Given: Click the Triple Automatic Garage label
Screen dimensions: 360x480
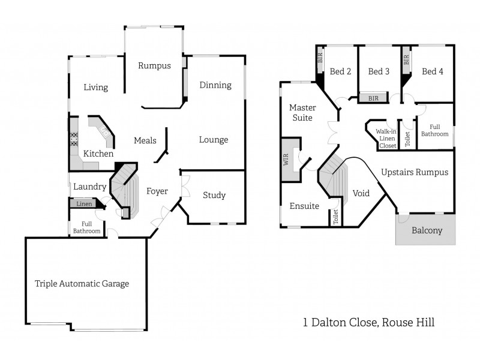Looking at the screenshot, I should point(82,284).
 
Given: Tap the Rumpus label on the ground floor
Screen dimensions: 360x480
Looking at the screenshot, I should point(154,65).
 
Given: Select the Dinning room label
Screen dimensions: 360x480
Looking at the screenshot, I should point(215,85).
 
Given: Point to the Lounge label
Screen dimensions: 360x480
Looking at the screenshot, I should point(214,140).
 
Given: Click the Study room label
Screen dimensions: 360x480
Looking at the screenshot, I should point(214,195).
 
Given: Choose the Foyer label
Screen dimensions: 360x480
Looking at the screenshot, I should point(157,191).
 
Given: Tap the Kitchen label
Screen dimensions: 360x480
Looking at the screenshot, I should point(98,154).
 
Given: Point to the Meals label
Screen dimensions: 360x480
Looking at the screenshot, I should point(145,140).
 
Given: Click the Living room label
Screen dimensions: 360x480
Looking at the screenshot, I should point(96,88).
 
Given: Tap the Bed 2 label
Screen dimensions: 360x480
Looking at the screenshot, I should point(340,71).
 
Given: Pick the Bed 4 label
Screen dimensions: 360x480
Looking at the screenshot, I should point(433,71).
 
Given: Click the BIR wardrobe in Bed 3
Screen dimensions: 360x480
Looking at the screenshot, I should point(373,98).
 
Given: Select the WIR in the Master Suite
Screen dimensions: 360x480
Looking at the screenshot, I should point(286,159).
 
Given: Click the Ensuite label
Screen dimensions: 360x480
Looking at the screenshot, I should point(304,206).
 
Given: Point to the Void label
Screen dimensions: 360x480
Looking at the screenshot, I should point(361,193).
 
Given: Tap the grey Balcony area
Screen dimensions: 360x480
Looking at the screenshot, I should point(427,230).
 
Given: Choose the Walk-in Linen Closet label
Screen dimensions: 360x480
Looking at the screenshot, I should point(387,138).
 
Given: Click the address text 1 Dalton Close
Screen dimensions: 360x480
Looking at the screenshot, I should point(340,323).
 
